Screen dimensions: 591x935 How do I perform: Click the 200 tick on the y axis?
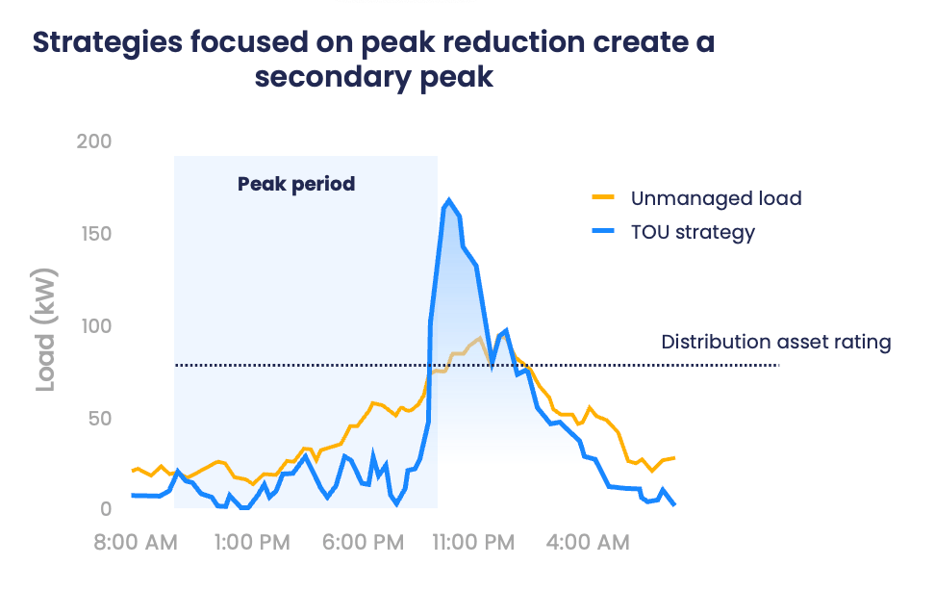click(x=93, y=141)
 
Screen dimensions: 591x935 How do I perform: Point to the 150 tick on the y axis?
click(x=93, y=234)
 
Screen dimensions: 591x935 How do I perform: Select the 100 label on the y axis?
click(x=93, y=326)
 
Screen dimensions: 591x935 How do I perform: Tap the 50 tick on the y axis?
click(x=99, y=419)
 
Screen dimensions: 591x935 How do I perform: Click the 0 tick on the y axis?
click(x=105, y=509)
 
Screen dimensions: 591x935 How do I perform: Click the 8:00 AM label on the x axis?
click(x=135, y=543)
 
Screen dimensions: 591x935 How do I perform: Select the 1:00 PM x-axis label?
click(x=245, y=543)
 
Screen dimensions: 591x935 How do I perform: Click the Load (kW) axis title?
click(x=46, y=328)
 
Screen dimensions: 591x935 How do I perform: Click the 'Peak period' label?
click(x=296, y=183)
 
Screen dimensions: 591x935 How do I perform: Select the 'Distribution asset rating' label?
click(x=776, y=342)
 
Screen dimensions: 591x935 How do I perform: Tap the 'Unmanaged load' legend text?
click(x=716, y=198)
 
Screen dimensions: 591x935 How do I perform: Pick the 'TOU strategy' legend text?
click(x=693, y=232)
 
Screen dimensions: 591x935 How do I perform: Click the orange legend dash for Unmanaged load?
click(x=603, y=198)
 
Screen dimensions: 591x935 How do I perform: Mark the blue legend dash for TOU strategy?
click(x=603, y=232)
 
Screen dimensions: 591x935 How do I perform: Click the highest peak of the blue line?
click(x=448, y=200)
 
